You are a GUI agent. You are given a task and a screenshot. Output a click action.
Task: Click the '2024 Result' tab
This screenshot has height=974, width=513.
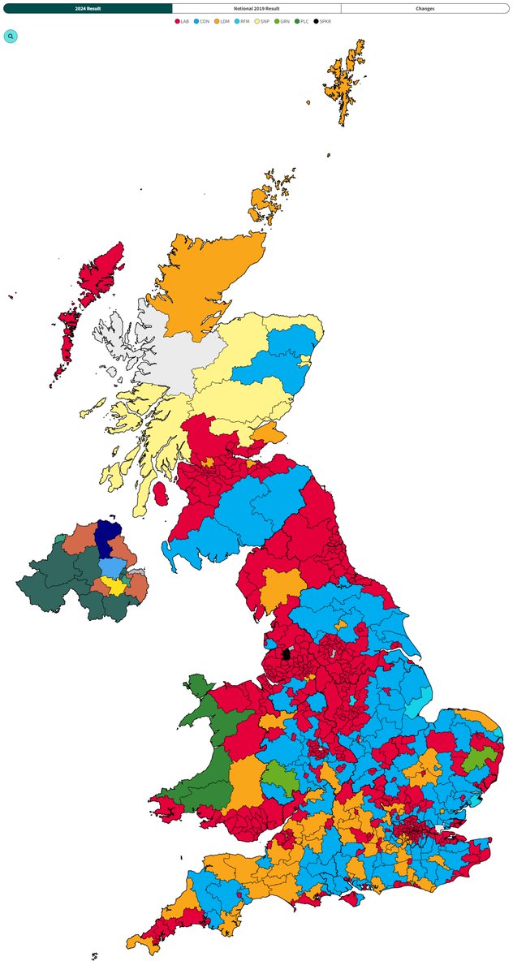coord(88,8)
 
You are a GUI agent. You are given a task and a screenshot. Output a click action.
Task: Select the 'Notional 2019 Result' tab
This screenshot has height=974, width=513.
coord(256,8)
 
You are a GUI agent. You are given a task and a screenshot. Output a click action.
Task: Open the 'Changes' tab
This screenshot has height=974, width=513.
coord(425,8)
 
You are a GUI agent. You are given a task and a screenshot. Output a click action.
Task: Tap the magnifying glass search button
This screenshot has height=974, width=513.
coord(11,37)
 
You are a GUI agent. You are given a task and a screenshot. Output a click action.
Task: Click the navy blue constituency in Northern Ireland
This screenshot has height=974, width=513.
coord(103,538)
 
